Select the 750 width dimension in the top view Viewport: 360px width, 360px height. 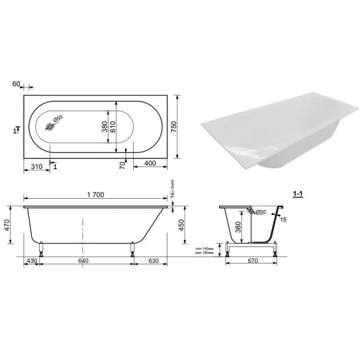[x=175, y=127]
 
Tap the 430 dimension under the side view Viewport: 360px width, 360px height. [x=31, y=261]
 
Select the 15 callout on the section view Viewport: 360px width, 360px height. [x=283, y=220]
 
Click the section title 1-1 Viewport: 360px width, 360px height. [x=296, y=193]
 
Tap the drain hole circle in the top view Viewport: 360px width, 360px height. [x=52, y=127]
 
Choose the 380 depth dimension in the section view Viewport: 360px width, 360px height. [x=238, y=227]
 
